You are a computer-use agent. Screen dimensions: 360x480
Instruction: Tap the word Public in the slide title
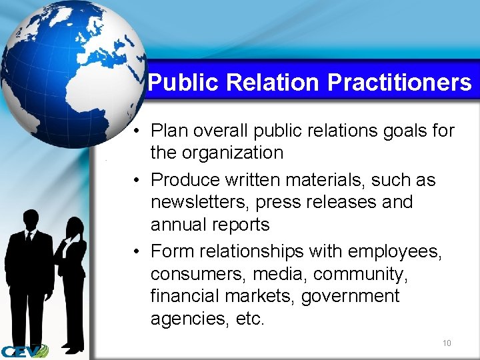184,83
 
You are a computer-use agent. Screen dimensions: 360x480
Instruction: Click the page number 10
447,343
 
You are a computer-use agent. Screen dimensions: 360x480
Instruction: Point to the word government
350,296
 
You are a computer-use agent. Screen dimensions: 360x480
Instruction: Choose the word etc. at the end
250,319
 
